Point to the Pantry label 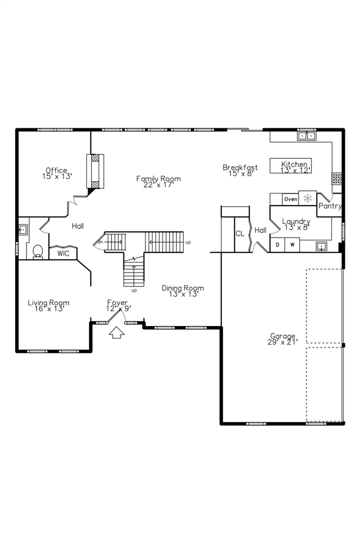coord(330,206)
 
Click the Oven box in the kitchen coord(291,199)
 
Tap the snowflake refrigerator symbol coord(308,198)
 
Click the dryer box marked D coord(278,245)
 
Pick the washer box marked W coord(292,245)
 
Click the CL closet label coord(240,233)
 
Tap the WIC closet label coord(63,254)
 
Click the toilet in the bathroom coord(38,251)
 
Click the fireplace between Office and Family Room coord(94,171)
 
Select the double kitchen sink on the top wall coord(307,135)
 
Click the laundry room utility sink coord(321,246)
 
